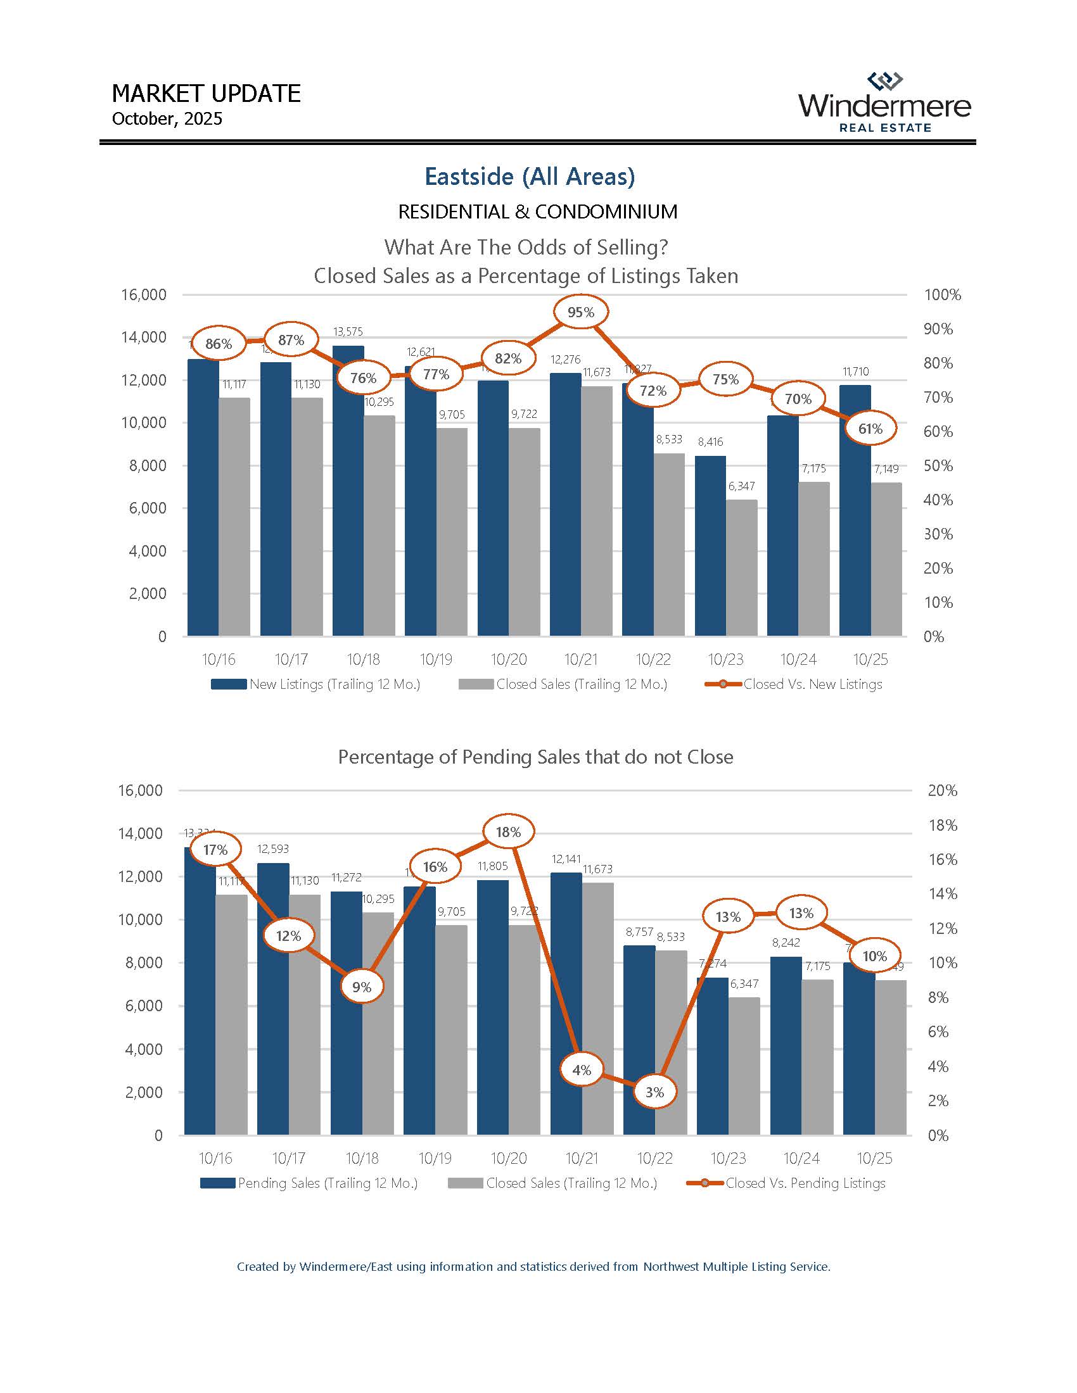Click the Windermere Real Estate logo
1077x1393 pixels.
[x=884, y=103]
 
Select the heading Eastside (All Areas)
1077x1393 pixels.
[x=530, y=177]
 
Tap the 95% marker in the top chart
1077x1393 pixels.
[x=580, y=312]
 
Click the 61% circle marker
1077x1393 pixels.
[x=870, y=429]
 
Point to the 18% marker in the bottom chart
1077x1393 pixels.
[x=508, y=832]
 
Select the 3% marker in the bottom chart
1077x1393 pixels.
[x=654, y=1092]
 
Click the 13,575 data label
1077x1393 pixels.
[x=348, y=332]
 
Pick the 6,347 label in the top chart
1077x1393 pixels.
[x=741, y=486]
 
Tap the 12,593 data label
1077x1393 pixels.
[x=273, y=849]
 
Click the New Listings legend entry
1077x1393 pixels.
[x=316, y=684]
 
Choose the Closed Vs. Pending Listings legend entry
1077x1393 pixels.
[x=786, y=1183]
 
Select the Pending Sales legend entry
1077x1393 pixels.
[x=309, y=1183]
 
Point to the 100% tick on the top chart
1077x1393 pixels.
[x=941, y=294]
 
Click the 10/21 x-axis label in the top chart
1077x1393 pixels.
[x=580, y=660]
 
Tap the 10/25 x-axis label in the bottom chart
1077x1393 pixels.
[x=874, y=1158]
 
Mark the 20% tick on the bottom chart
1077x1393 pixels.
[x=941, y=791]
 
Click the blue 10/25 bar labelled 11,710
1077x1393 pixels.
[x=855, y=510]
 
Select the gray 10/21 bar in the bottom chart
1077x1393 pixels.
[x=598, y=1008]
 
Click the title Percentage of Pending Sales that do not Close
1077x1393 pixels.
[x=535, y=757]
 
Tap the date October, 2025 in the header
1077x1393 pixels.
[x=167, y=119]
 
